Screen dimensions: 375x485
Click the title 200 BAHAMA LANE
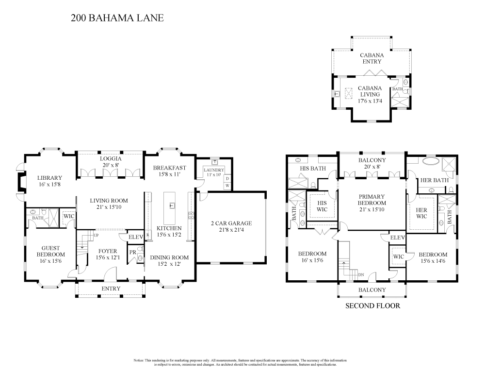[117, 18]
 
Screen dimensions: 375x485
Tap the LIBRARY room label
[50, 178]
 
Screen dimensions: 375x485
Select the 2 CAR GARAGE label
[232, 223]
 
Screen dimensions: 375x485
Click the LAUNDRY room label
[213, 170]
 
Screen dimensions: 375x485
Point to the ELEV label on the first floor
[134, 237]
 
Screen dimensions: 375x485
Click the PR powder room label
[132, 252]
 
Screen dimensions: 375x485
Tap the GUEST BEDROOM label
[50, 251]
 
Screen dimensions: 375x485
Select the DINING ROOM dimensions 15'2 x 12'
[169, 265]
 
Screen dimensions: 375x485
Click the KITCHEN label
[169, 228]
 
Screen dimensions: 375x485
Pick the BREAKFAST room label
[169, 168]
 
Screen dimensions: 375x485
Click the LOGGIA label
[110, 159]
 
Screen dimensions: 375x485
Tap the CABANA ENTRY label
[372, 58]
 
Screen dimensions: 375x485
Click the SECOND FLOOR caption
[372, 306]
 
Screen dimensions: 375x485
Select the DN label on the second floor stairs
[361, 274]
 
